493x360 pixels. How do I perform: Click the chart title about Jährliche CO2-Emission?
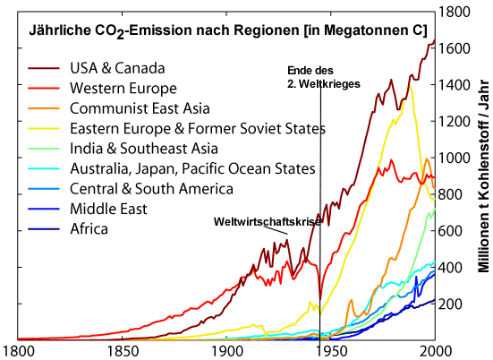[228, 29]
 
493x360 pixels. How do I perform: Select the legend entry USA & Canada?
[118, 68]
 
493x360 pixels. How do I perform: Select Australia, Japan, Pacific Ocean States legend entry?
[191, 168]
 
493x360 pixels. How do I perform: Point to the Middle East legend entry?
[107, 209]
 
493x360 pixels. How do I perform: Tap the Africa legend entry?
[89, 228]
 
